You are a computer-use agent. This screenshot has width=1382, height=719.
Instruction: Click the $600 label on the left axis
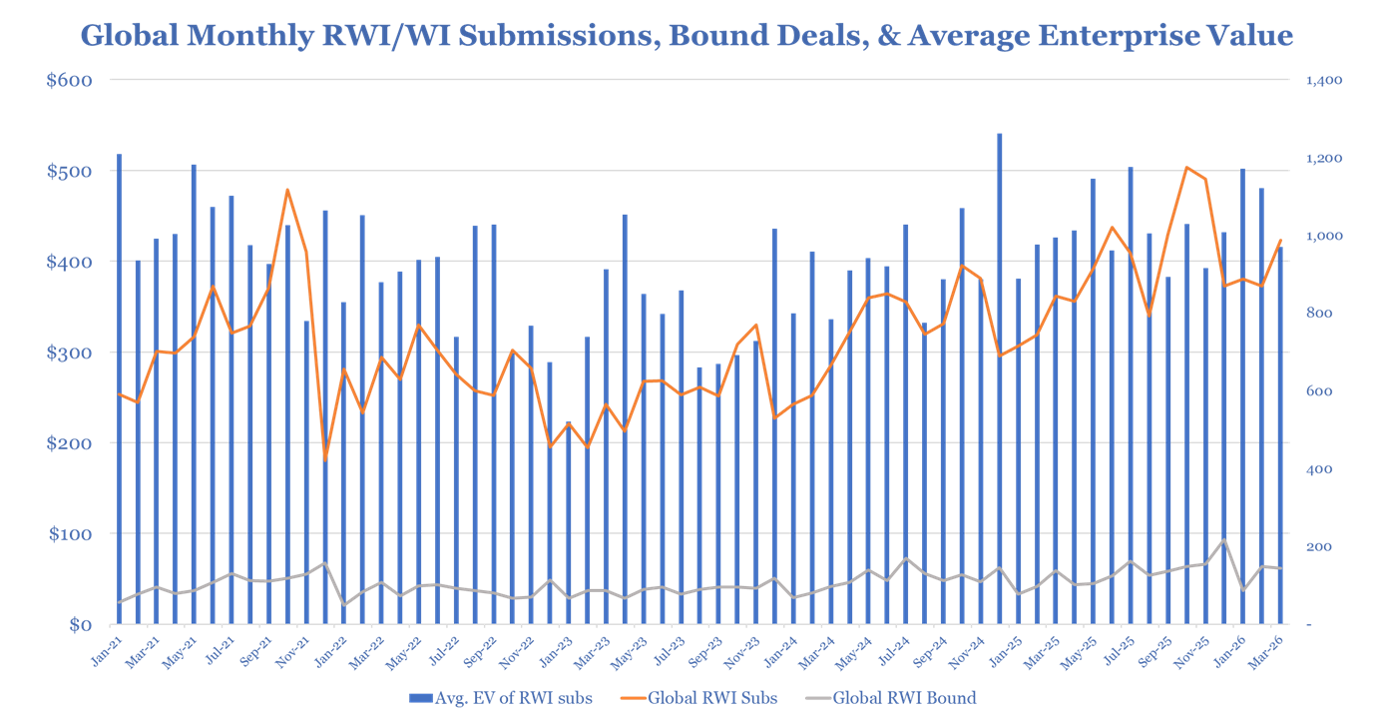70,80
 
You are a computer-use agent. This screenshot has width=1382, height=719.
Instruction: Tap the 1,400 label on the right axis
1325,80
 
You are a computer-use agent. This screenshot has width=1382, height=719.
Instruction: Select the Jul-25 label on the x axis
1121,644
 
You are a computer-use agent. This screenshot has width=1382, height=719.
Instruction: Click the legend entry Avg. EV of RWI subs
510,698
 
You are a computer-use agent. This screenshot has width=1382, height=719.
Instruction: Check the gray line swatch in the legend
817,698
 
